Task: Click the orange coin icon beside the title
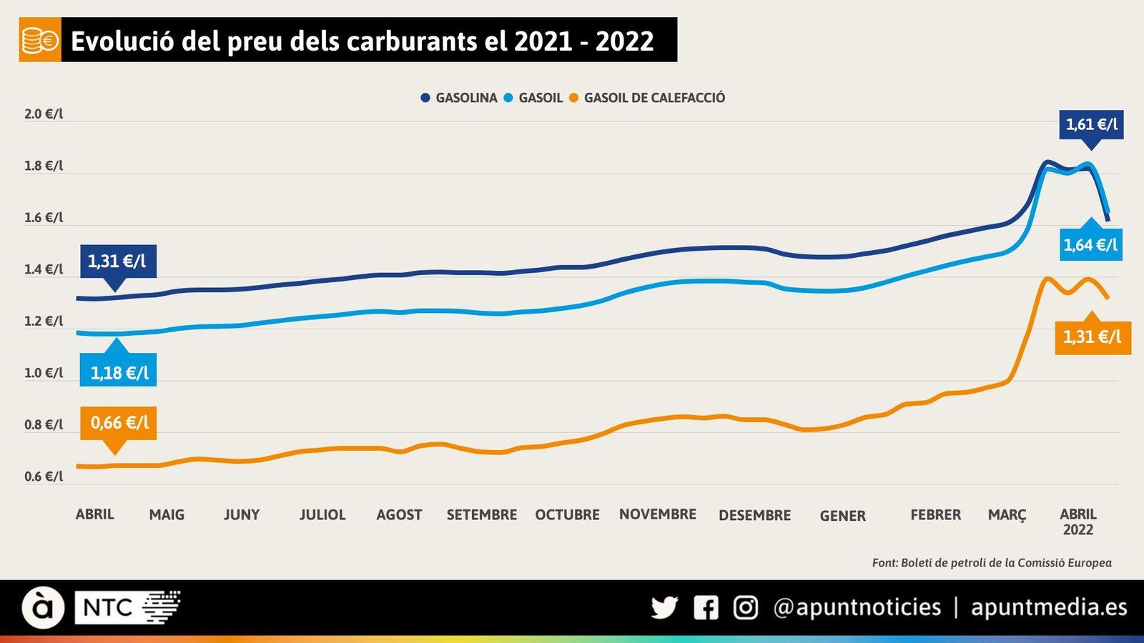pyautogui.click(x=40, y=41)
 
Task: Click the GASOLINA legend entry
pyautogui.click(x=459, y=98)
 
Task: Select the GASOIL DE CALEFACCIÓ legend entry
pyautogui.click(x=647, y=98)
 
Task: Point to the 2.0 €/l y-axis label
pyautogui.click(x=44, y=114)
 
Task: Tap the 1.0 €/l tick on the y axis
pyautogui.click(x=44, y=373)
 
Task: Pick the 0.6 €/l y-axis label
pyautogui.click(x=44, y=477)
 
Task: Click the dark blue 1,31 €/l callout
pyautogui.click(x=117, y=261)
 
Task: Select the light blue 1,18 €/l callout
pyautogui.click(x=119, y=372)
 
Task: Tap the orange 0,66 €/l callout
pyautogui.click(x=119, y=423)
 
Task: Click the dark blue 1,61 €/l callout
pyautogui.click(x=1091, y=124)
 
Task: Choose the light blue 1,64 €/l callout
pyautogui.click(x=1090, y=245)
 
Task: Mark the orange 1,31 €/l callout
pyautogui.click(x=1092, y=337)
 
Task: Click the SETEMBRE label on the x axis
pyautogui.click(x=481, y=515)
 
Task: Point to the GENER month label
pyautogui.click(x=842, y=516)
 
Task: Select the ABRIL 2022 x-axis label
pyautogui.click(x=1078, y=522)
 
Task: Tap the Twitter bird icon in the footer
pyautogui.click(x=664, y=608)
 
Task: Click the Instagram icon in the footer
pyautogui.click(x=746, y=608)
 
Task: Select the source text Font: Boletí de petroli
pyautogui.click(x=991, y=563)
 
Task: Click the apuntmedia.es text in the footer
pyautogui.click(x=1048, y=607)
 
